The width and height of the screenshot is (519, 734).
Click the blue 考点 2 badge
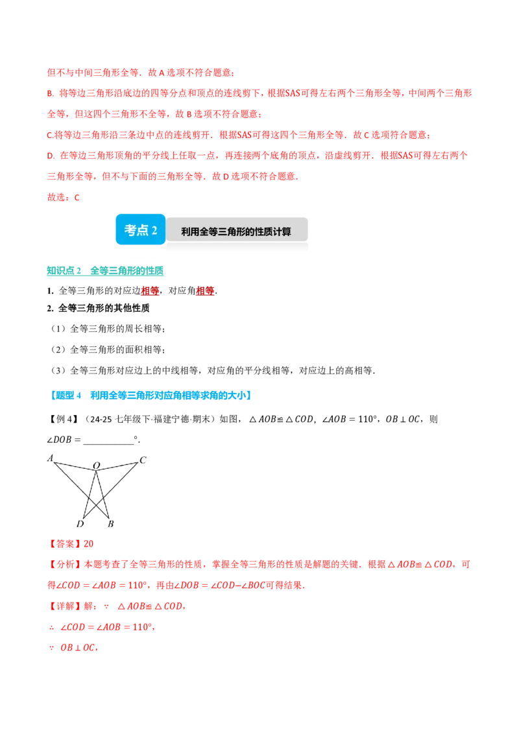coord(141,230)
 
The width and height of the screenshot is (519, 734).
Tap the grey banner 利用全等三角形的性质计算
coord(237,231)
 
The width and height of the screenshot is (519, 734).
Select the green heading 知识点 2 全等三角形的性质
coord(105,270)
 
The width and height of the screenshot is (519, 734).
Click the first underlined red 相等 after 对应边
coord(150,290)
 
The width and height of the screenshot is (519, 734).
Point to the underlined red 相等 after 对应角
coord(205,290)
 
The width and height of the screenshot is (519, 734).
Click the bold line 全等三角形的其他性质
coord(104,308)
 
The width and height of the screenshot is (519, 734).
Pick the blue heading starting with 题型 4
coord(150,396)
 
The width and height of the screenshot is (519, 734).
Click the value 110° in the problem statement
coord(368,419)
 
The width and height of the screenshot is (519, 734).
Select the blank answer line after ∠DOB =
coord(109,443)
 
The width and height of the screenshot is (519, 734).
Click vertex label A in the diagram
coord(50,458)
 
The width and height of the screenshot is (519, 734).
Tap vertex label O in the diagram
coord(97,466)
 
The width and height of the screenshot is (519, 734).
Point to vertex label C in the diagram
coord(143,460)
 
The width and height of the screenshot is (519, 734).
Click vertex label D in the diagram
coord(80,524)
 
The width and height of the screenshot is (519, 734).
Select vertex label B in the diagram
coord(110,524)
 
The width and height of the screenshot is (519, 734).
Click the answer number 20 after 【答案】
coord(88,543)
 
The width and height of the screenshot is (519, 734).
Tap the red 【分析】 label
coord(65,565)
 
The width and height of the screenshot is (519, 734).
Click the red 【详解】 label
coord(65,606)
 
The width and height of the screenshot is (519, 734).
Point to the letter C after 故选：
coord(77,198)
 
